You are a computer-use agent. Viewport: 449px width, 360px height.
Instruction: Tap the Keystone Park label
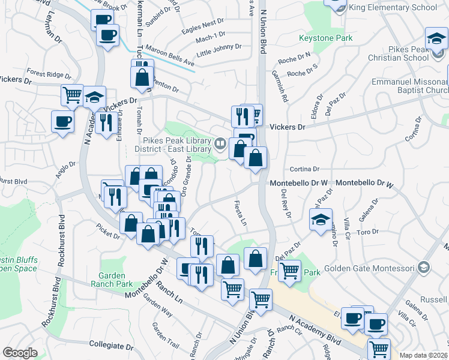326,38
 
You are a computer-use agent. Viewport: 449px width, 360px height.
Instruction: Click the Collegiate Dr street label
111,346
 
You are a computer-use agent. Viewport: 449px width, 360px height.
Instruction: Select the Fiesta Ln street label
240,213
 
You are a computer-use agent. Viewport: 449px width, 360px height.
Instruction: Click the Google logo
20,353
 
